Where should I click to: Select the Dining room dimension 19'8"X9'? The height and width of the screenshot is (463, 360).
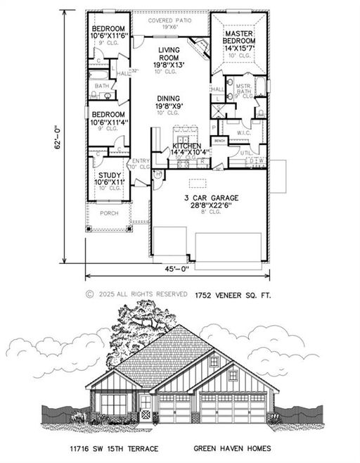pos(169,106)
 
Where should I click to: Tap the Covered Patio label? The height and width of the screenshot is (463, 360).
pos(169,21)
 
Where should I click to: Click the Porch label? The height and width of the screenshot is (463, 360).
pos(109,213)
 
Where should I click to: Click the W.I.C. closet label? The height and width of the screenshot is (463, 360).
pos(244,132)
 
